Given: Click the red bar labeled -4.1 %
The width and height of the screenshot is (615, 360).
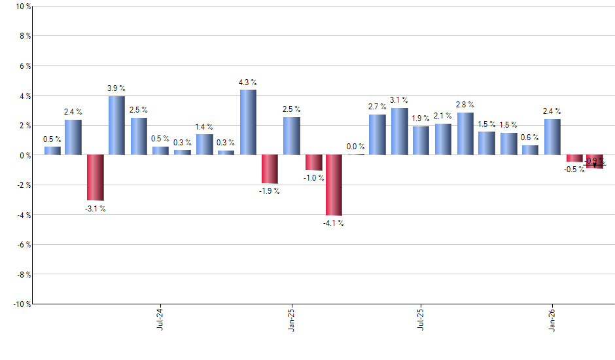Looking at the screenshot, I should point(334,185).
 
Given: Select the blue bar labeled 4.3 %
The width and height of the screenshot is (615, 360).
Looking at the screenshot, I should point(248,122).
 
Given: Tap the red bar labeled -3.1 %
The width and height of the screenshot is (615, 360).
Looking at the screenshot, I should point(96,177).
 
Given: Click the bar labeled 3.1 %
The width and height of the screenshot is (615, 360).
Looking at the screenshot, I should point(400,132).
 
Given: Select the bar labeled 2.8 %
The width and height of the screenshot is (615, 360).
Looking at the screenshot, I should point(465,134).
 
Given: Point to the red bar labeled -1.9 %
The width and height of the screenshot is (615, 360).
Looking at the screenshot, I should point(270,169).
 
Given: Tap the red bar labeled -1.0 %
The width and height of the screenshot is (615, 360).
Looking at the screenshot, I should point(313,162).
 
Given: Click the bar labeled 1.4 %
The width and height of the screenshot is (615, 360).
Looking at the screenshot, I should point(204,145).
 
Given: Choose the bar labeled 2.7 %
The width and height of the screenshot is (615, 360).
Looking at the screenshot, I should point(377,135).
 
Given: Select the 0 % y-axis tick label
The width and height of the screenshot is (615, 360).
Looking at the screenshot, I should point(24,155).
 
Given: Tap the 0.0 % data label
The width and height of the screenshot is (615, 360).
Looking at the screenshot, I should point(356,147).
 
